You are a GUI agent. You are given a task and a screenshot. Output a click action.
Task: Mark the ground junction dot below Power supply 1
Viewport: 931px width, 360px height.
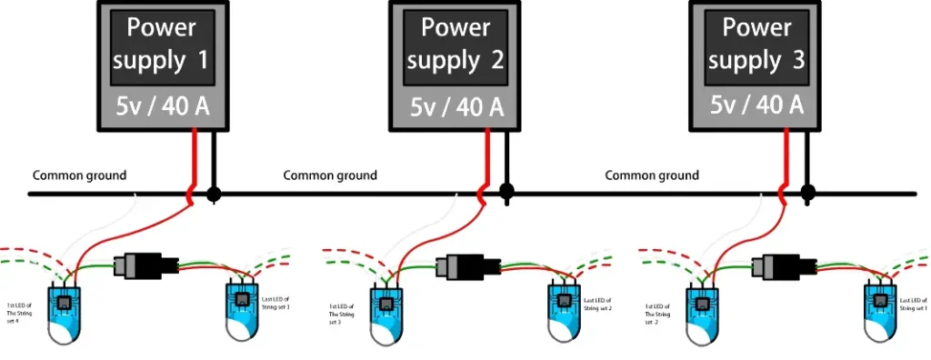point(214,194)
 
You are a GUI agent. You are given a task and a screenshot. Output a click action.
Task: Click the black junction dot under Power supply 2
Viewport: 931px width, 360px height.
point(506,193)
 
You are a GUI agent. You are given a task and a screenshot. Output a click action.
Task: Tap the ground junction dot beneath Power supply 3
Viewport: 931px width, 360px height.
point(806,193)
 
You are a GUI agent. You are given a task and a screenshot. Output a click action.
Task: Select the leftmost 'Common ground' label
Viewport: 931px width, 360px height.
point(80,175)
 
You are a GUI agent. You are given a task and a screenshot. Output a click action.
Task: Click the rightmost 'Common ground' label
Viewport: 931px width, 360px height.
point(652,175)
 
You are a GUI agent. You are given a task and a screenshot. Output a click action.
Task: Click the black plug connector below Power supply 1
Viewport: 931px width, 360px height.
point(145,265)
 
